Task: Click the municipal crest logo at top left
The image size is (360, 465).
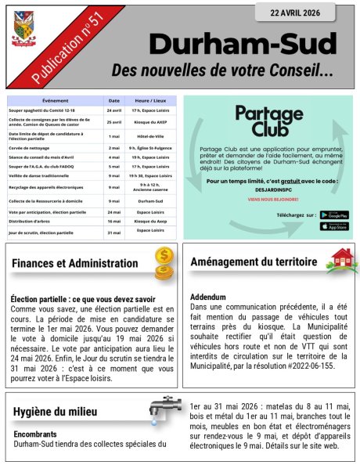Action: coord(23,29)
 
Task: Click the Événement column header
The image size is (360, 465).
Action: coord(55,101)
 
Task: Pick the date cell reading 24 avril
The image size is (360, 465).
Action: coord(114,110)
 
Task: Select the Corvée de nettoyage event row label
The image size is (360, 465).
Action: coord(32,147)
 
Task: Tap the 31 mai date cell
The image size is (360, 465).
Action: coord(114,232)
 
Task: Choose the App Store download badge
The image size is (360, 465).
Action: coord(334,226)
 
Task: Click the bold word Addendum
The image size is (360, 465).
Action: coord(208,297)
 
